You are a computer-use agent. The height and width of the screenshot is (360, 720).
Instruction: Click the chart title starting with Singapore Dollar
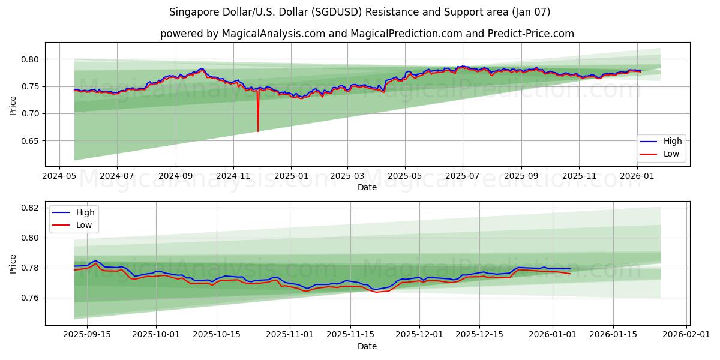click(360, 12)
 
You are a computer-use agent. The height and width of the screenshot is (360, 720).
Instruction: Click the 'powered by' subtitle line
click(367, 34)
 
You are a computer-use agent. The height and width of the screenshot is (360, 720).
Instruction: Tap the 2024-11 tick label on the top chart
click(233, 177)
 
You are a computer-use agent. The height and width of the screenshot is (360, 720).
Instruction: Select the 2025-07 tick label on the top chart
click(462, 177)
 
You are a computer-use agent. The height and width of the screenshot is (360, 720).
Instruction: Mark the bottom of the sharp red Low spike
click(258, 131)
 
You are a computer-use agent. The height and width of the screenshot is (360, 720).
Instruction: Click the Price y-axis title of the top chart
click(13, 104)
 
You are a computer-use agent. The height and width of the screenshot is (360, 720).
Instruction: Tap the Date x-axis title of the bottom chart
click(367, 347)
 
